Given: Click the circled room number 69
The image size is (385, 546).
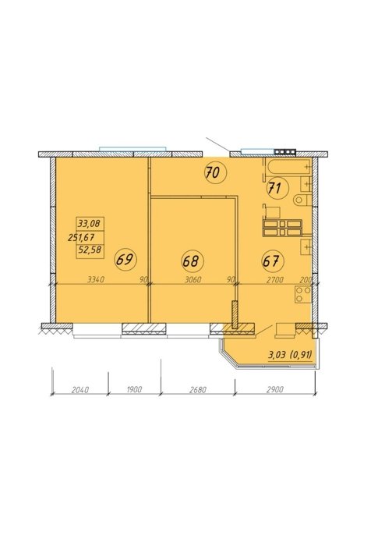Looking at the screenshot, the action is (x=126, y=260).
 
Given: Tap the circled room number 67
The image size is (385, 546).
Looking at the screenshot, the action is (x=273, y=261).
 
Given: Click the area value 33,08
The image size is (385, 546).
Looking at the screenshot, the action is (x=90, y=223).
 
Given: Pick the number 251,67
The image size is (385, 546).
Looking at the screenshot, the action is (x=82, y=237).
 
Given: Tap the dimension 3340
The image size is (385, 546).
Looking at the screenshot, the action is (x=97, y=279).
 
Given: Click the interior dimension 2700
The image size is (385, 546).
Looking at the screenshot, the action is (x=274, y=279).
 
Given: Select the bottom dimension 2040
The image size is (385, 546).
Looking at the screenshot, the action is (x=80, y=389).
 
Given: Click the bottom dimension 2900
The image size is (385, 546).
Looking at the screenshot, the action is (x=274, y=389).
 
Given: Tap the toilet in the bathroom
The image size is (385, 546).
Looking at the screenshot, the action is (x=302, y=200).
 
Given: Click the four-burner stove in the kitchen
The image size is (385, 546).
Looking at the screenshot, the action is (x=303, y=294).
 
